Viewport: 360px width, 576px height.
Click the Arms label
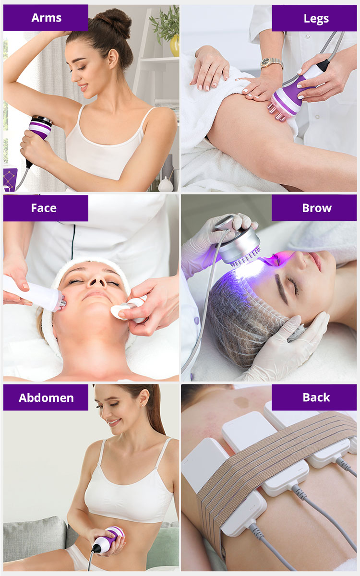(46, 18)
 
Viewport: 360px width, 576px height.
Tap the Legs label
(316, 19)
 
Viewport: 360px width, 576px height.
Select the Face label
(44, 208)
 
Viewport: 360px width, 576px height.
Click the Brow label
(317, 208)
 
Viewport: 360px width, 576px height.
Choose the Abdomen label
(46, 398)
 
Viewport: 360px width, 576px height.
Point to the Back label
(316, 397)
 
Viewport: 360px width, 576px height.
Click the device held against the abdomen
(108, 540)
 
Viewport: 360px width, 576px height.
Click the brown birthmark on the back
(241, 402)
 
